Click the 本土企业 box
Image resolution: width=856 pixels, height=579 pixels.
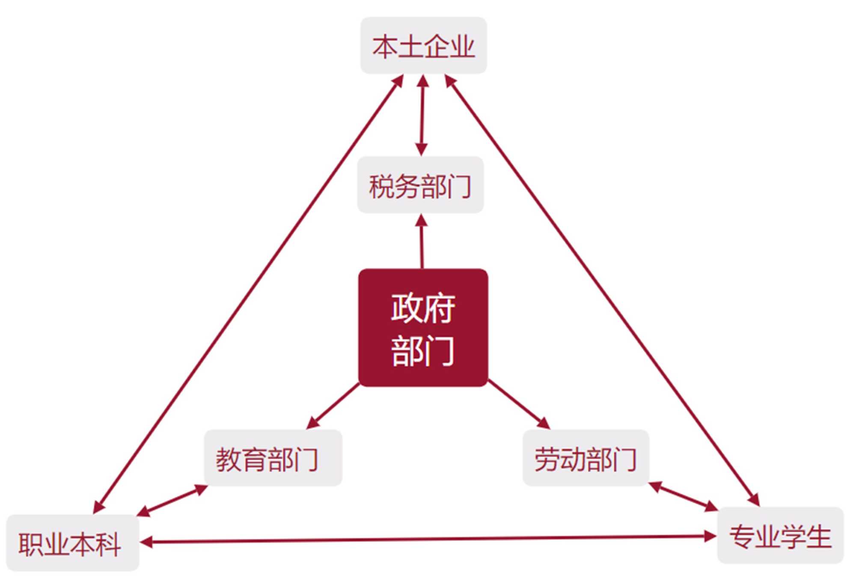pos(423,45)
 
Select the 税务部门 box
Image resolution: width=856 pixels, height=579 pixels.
pos(420,185)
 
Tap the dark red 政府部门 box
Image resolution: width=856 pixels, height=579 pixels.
pos(423,328)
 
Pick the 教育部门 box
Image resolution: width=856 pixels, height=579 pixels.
pos(273,458)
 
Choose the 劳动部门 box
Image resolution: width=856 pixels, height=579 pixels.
pos(586,458)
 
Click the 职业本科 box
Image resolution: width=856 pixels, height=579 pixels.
pos(73,543)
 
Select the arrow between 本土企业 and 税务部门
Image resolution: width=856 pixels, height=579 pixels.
pos(422,116)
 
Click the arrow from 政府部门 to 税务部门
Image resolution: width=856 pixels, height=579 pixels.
pos(422,242)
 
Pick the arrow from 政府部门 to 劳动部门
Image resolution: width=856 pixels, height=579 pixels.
pos(519,403)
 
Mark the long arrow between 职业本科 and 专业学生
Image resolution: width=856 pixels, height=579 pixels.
pos(428,540)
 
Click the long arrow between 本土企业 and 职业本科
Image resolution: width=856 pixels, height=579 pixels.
pos(248,293)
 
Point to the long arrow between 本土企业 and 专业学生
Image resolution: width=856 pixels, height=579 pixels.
pos(601,291)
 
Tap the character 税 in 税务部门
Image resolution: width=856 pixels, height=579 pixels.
pos(381,186)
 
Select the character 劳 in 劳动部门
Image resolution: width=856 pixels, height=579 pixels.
pos(547,459)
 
